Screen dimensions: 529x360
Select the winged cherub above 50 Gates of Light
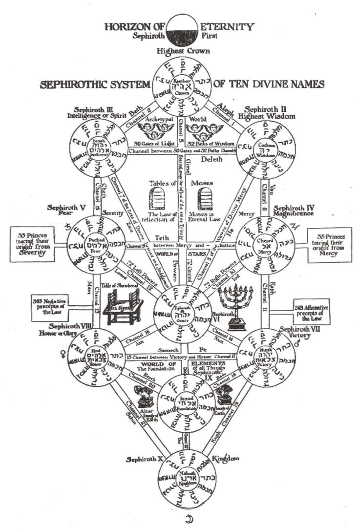[150, 130]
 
